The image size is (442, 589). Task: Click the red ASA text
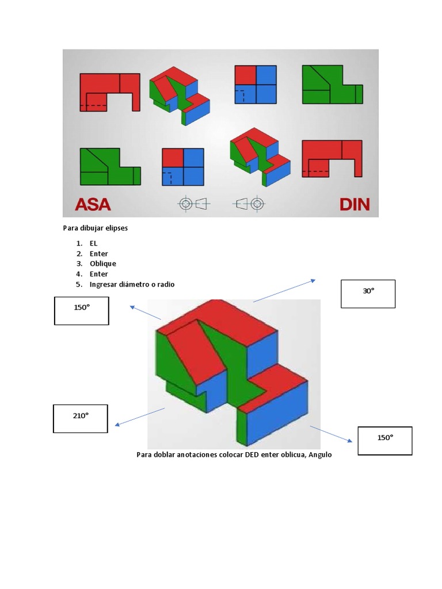click(x=93, y=204)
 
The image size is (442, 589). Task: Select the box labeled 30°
click(x=368, y=293)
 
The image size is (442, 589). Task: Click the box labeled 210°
click(x=81, y=418)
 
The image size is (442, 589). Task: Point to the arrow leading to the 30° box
click(x=284, y=290)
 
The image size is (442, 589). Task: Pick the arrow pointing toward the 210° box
click(x=140, y=417)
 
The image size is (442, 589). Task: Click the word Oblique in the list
click(x=102, y=263)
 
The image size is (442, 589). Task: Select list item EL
click(x=94, y=243)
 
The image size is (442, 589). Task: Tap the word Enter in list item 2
click(x=98, y=254)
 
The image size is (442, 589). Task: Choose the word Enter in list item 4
click(x=98, y=274)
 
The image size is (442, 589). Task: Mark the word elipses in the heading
click(x=115, y=228)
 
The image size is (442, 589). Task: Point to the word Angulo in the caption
click(x=321, y=454)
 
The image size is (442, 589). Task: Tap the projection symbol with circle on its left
click(x=192, y=203)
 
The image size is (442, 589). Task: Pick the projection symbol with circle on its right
click(x=250, y=203)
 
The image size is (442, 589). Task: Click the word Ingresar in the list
click(x=104, y=284)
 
